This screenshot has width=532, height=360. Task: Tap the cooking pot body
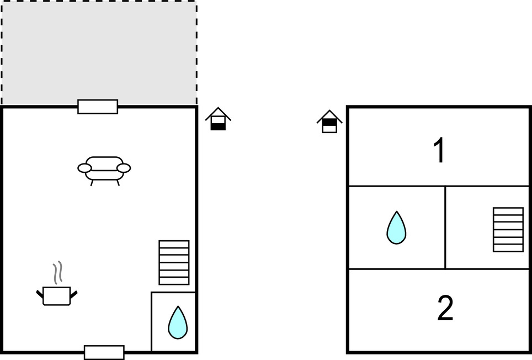(x=57, y=296)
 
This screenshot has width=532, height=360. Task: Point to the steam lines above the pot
(x=58, y=272)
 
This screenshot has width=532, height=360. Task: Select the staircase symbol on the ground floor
(x=174, y=263)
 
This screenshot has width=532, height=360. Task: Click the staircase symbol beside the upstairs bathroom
(x=508, y=230)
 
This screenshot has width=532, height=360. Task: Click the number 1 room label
(x=439, y=150)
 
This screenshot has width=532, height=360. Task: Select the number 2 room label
(x=445, y=308)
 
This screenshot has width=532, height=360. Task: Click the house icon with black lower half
(x=218, y=119)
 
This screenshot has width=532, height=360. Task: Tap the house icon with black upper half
(x=329, y=121)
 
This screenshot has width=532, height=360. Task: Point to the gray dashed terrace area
(x=99, y=52)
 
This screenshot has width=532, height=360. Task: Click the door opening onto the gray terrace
(x=98, y=107)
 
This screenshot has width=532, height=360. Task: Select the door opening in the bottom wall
(x=104, y=352)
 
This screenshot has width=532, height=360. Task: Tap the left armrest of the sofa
(x=84, y=168)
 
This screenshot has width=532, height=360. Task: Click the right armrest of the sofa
(x=124, y=168)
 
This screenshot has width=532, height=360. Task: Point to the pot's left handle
(x=40, y=294)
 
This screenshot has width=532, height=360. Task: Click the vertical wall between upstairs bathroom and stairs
(x=445, y=227)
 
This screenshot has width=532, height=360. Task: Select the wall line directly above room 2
(x=439, y=269)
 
